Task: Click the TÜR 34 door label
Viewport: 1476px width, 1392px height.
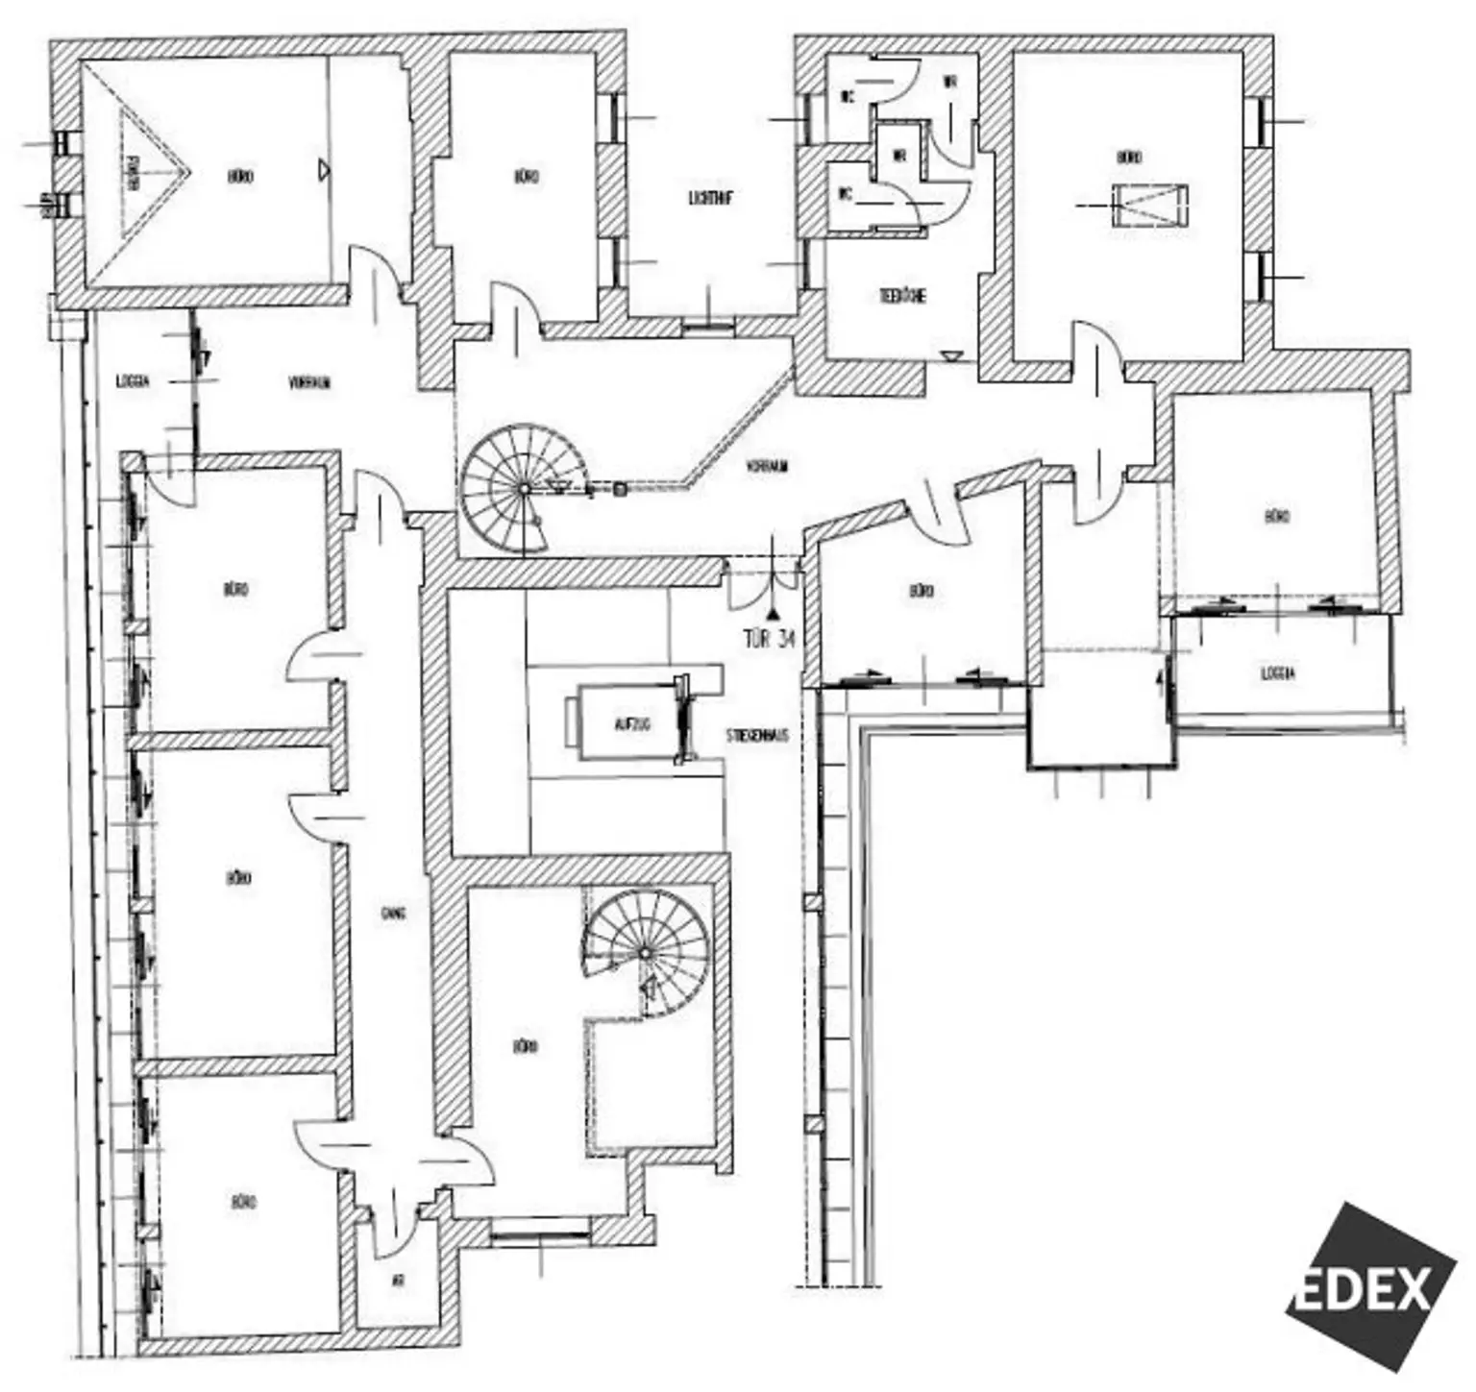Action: (769, 639)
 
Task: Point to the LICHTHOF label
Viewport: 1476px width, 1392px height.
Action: (711, 199)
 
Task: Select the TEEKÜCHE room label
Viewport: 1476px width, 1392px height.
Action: (902, 296)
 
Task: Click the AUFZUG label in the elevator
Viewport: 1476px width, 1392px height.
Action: (631, 724)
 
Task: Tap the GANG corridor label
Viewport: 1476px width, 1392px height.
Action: (392, 913)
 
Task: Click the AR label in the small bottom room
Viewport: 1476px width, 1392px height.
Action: (398, 1281)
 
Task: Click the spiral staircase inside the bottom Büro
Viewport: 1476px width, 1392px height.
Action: (646, 951)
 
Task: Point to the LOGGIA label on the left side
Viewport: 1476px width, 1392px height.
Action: (133, 380)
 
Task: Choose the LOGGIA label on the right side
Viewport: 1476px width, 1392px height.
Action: (1277, 673)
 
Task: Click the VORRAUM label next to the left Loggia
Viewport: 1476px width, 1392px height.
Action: (309, 382)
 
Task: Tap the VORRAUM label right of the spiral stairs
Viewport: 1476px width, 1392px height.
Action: (767, 467)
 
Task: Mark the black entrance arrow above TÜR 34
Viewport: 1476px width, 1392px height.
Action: (771, 611)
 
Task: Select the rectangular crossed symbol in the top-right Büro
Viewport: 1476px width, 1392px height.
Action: (1150, 205)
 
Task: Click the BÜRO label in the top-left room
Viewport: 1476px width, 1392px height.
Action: (240, 177)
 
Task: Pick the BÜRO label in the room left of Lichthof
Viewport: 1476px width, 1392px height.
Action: (526, 177)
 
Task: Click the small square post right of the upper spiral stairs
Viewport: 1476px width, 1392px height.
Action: (621, 489)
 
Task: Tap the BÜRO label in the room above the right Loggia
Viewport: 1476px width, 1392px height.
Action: (1276, 517)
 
